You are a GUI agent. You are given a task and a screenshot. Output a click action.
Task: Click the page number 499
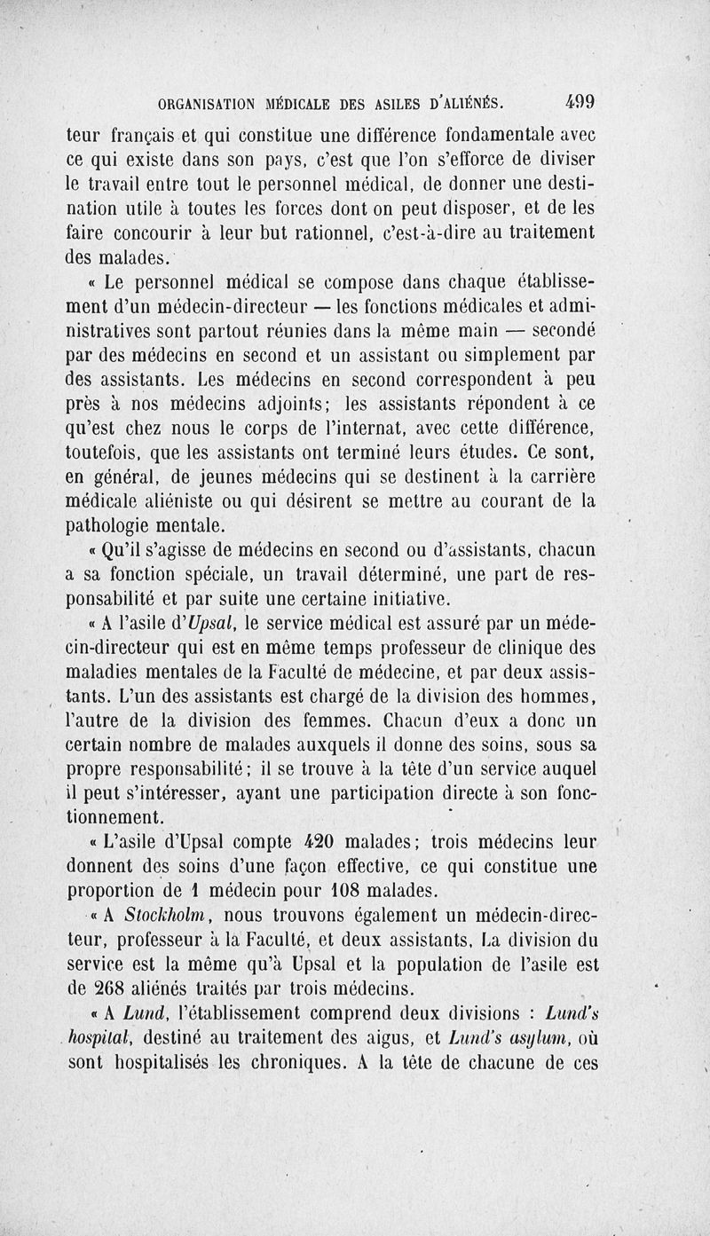pyautogui.click(x=576, y=101)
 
